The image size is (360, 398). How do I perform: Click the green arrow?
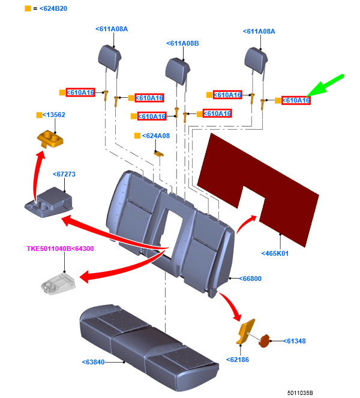[325, 85]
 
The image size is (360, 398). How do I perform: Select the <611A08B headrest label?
[182, 43]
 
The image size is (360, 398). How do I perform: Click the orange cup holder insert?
[50, 139]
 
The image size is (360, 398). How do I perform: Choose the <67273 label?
[64, 174]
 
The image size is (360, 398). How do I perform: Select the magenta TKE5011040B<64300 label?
[60, 249]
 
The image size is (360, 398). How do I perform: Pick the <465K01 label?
[275, 253]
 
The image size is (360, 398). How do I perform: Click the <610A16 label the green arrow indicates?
[296, 100]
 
